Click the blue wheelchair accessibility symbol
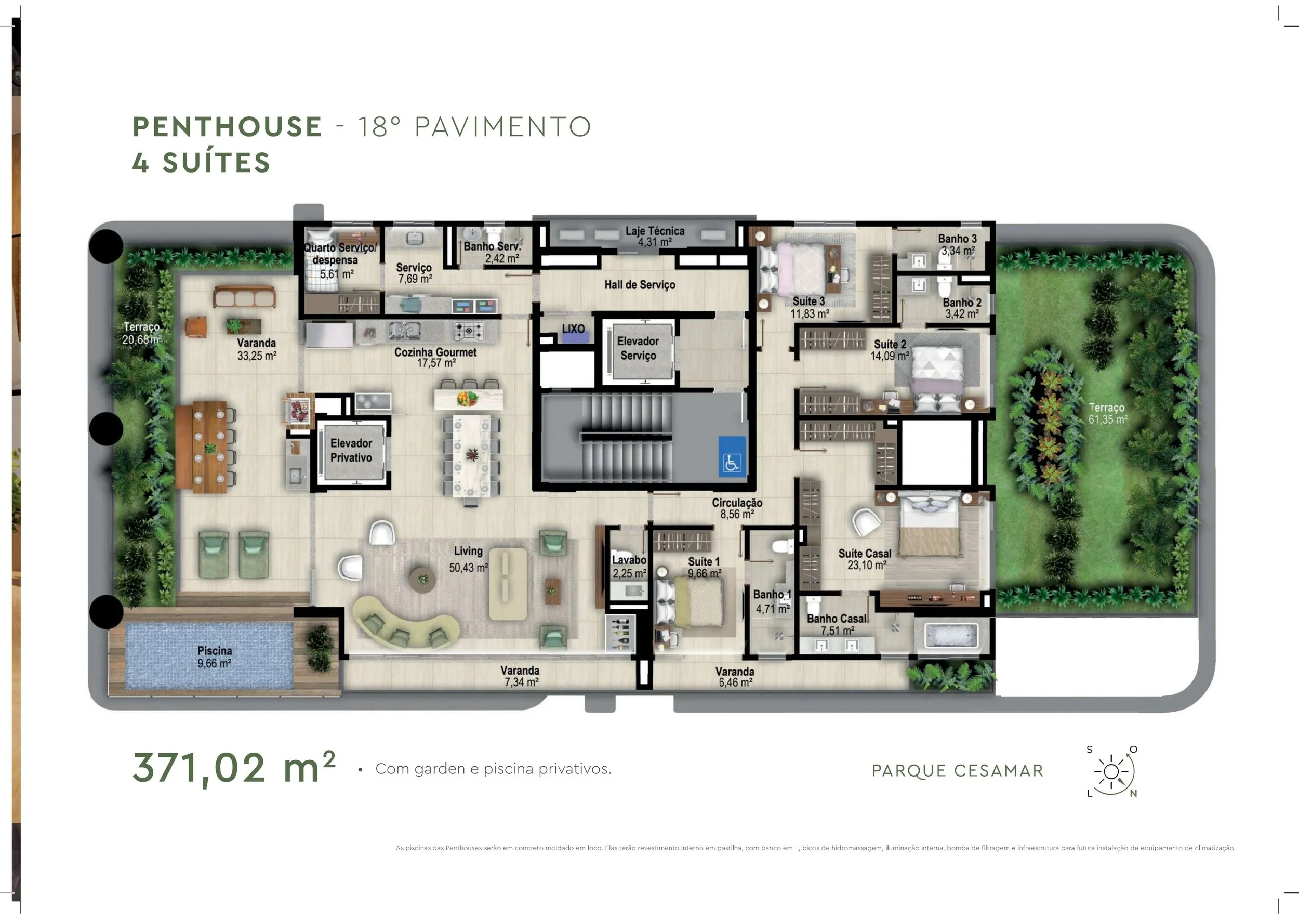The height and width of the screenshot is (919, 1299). (x=732, y=455)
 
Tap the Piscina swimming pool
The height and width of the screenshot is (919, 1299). (x=209, y=656)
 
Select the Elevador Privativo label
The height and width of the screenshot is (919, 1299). (x=351, y=451)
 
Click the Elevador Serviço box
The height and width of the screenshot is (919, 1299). (x=638, y=352)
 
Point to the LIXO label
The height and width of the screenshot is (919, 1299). (x=573, y=329)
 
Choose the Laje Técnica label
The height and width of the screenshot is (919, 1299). (x=655, y=231)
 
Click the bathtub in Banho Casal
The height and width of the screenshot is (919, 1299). (x=951, y=636)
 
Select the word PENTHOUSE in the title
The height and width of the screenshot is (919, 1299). (x=227, y=126)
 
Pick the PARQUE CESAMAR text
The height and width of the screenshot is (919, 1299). (x=957, y=771)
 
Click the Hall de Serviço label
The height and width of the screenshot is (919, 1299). (x=639, y=285)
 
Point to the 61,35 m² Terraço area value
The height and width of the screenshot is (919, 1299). (x=1108, y=420)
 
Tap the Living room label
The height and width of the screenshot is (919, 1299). (x=468, y=551)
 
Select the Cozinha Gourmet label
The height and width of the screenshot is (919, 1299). (x=435, y=352)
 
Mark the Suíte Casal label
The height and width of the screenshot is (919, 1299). (x=865, y=554)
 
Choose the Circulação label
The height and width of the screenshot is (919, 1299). (x=737, y=503)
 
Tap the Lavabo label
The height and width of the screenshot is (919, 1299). (x=629, y=560)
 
